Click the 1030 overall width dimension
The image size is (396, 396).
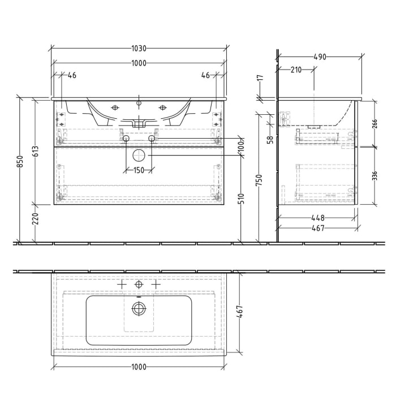(138, 49)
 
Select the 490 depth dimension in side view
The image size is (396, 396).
(320, 57)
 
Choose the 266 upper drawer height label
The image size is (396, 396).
(375, 124)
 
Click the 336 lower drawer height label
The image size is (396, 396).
(375, 176)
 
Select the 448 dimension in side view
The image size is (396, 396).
(317, 217)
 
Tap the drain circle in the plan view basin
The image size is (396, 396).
(139, 308)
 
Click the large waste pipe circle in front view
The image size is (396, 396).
(139, 156)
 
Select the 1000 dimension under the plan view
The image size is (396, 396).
(138, 367)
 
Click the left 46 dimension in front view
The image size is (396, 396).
(72, 75)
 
